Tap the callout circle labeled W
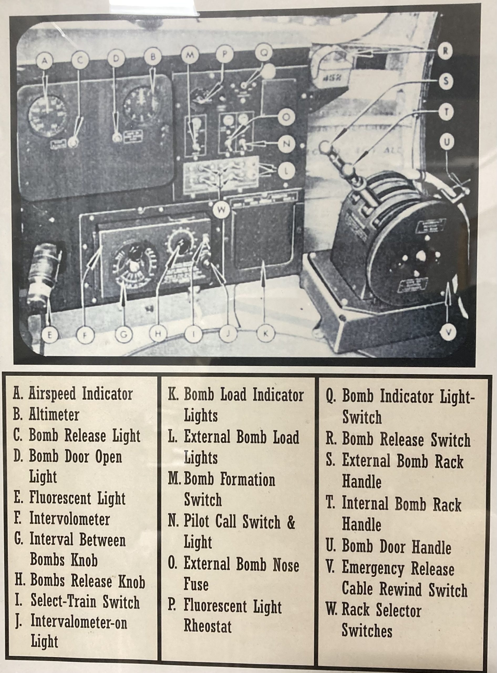click(x=221, y=210)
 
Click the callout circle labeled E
click(x=50, y=335)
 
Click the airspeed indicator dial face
click(x=47, y=116)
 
